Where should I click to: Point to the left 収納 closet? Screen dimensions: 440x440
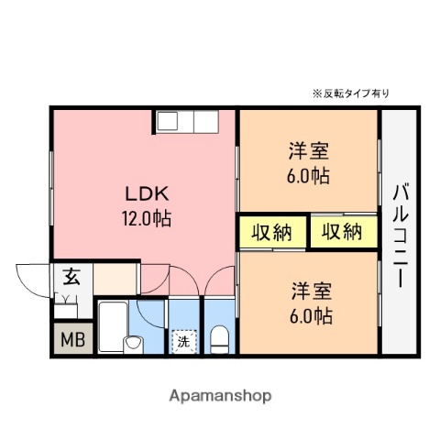pyautogui.click(x=271, y=233)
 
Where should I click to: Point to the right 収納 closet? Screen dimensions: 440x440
pyautogui.click(x=341, y=233)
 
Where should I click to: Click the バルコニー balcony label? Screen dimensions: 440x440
pyautogui.click(x=401, y=236)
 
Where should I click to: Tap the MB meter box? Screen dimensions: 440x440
pyautogui.click(x=71, y=341)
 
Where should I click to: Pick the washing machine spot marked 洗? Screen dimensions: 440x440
pyautogui.click(x=183, y=342)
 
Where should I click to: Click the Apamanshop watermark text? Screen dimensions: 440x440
pyautogui.click(x=221, y=396)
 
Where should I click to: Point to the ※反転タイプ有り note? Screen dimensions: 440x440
pyautogui.click(x=351, y=93)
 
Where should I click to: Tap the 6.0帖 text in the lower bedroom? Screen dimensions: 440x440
pyautogui.click(x=311, y=317)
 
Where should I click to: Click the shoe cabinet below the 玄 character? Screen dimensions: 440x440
pyautogui.click(x=70, y=299)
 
